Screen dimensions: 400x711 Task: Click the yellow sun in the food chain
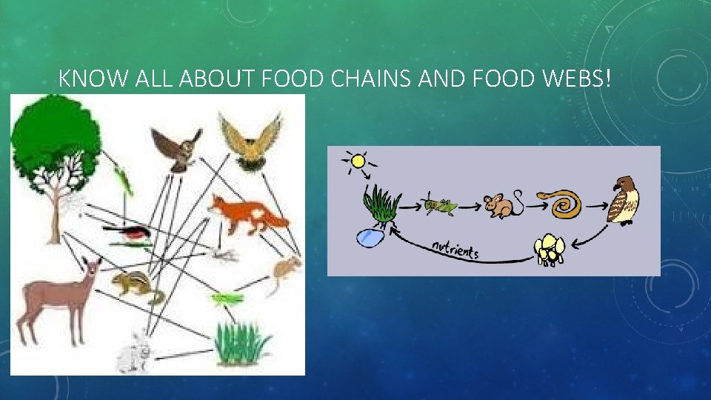pyautogui.click(x=358, y=161)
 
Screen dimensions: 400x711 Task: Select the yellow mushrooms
pyautogui.click(x=551, y=250)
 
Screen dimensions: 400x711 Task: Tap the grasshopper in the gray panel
pyautogui.click(x=439, y=205)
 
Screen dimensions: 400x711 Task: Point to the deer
pyautogui.click(x=56, y=296)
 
